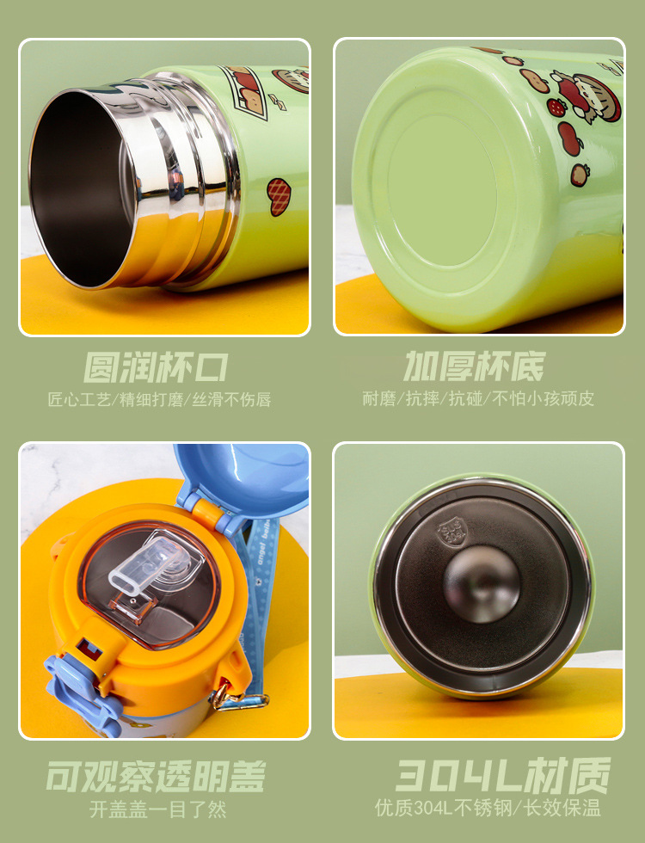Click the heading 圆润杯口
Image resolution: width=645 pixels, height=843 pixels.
(156, 368)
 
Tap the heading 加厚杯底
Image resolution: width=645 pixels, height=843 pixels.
(474, 366)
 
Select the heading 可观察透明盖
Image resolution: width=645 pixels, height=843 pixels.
(156, 776)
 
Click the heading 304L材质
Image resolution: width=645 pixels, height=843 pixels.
(503, 775)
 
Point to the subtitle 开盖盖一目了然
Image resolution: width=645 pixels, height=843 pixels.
(158, 809)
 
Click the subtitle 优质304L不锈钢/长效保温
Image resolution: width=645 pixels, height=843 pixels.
(488, 808)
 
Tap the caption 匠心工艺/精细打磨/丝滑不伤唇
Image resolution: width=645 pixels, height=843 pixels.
(159, 399)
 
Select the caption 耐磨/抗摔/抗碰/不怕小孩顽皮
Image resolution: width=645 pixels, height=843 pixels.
(478, 398)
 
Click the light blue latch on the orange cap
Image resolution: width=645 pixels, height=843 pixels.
(81, 693)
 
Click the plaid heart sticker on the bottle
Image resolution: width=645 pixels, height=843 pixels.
(279, 197)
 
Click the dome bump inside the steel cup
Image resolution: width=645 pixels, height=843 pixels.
(482, 584)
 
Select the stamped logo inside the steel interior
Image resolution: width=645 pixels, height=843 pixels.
(452, 534)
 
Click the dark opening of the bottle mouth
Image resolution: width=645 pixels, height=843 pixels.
(81, 188)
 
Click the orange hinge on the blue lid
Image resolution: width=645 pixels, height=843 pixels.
(208, 512)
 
